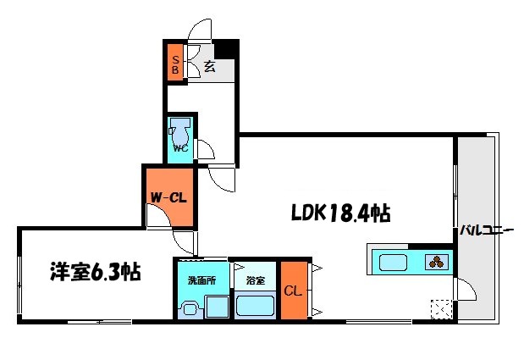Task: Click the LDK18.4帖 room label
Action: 341,213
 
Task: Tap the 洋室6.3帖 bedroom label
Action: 96,272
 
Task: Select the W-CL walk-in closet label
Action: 168,197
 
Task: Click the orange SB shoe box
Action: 175,62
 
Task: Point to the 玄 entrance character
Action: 209,67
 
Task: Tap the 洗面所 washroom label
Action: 201,280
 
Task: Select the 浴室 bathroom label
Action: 256,280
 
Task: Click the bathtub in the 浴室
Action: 255,306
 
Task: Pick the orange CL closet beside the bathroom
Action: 294,291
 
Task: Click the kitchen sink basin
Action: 394,263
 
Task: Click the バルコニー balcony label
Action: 486,230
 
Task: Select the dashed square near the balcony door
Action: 441,309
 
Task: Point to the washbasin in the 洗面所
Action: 190,309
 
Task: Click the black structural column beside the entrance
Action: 226,49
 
